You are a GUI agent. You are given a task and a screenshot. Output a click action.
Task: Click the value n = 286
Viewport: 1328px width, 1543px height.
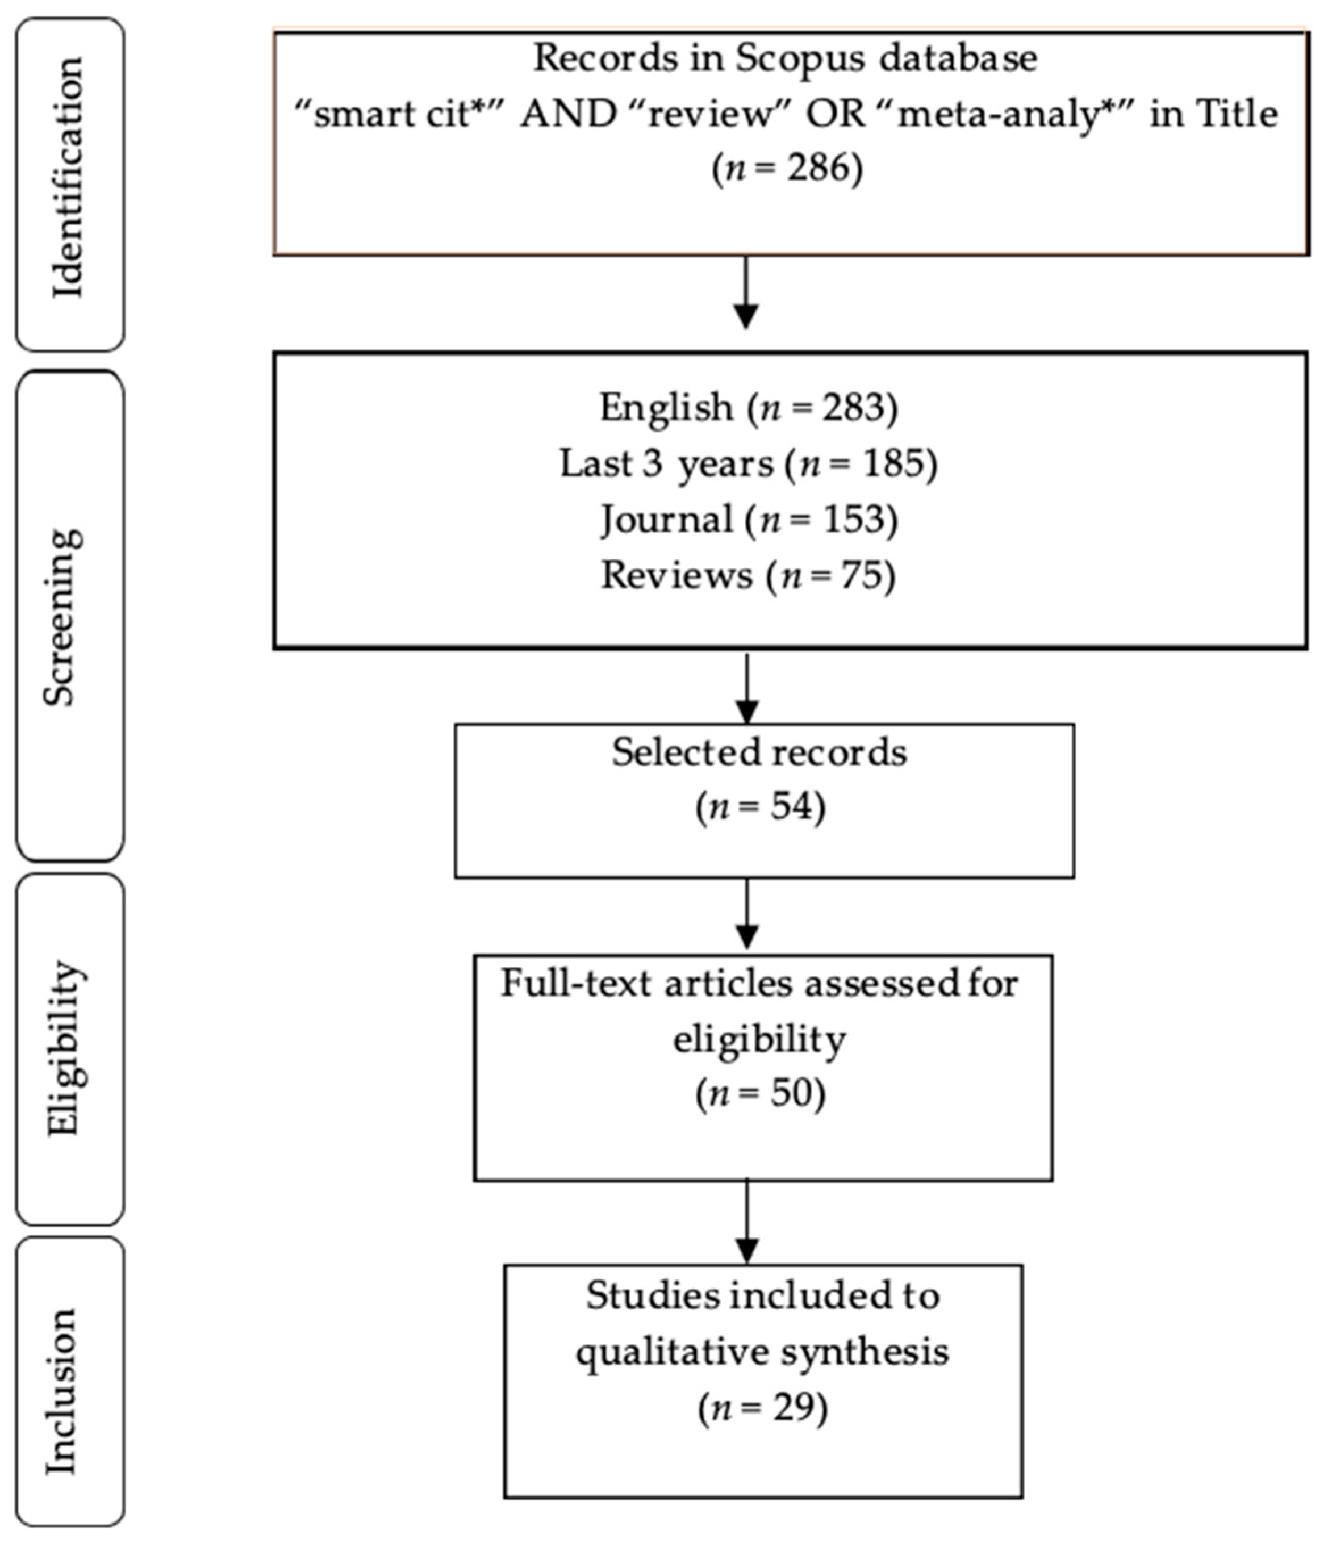[x=787, y=168]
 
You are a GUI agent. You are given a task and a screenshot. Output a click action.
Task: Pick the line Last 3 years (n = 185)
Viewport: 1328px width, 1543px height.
[x=749, y=464]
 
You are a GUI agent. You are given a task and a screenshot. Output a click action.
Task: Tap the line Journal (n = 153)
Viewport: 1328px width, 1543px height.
[x=749, y=520]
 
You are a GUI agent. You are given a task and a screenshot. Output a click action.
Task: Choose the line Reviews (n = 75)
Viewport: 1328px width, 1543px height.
[x=749, y=576]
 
